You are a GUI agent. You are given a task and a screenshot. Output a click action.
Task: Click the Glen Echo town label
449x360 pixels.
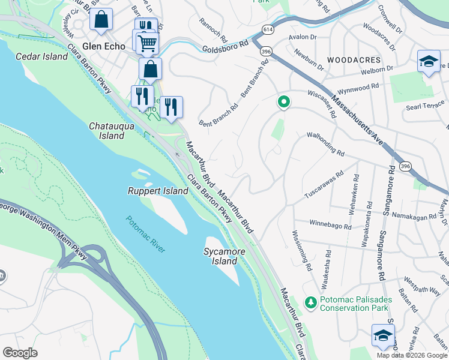[x=104, y=46]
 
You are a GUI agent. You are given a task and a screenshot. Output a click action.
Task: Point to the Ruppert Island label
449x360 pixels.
[x=158, y=191]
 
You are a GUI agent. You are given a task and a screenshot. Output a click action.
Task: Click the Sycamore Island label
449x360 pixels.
[x=224, y=257]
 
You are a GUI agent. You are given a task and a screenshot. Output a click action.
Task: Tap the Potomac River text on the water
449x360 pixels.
[x=145, y=233]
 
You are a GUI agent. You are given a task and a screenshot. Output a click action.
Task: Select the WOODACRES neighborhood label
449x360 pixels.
[x=354, y=61]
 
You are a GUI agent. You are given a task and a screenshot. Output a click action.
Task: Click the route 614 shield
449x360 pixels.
[x=268, y=29]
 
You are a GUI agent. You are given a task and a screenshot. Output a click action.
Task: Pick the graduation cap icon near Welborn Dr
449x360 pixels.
[x=428, y=61]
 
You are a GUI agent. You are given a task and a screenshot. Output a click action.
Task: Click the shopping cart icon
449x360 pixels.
[x=147, y=43]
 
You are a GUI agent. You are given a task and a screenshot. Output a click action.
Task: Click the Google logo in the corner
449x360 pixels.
[x=20, y=353]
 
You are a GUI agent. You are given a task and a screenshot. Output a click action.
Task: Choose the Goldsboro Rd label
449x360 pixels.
[x=225, y=46]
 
